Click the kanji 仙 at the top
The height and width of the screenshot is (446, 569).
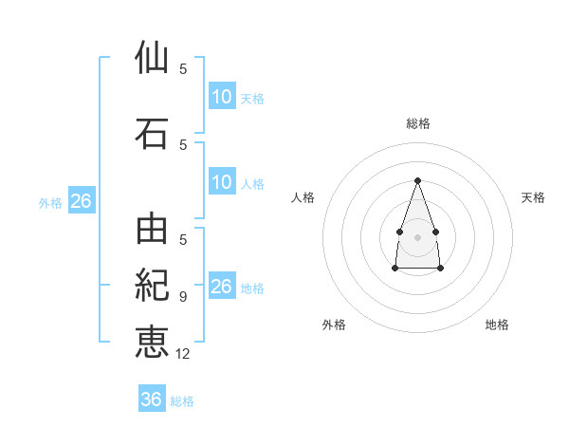[152, 57]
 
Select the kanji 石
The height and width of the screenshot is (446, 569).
[152, 134]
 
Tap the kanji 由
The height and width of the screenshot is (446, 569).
[152, 229]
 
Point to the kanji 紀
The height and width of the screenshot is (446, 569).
[152, 285]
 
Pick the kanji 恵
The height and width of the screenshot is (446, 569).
[152, 343]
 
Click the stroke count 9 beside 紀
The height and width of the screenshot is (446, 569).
[183, 297]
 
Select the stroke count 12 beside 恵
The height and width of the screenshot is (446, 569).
[182, 354]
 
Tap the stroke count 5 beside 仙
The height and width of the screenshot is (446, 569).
[183, 68]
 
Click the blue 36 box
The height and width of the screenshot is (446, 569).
[152, 398]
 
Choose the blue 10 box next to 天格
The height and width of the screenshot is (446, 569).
[222, 96]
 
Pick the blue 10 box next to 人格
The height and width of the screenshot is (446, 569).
[222, 181]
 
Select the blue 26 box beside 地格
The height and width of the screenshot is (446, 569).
[222, 285]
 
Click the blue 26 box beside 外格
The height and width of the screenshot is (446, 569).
[82, 200]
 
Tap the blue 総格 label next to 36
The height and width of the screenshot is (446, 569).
[182, 401]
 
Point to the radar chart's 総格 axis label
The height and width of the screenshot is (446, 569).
[418, 123]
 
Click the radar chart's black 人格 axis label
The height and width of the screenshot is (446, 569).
[303, 197]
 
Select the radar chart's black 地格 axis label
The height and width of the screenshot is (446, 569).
[497, 325]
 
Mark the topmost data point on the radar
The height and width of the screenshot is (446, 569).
[417, 180]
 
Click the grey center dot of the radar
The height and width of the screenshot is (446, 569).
[417, 237]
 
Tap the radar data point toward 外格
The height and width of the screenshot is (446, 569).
[395, 268]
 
